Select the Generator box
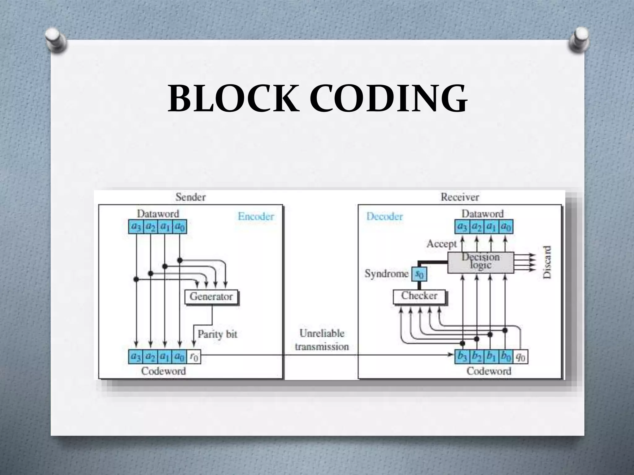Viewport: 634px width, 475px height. click(x=211, y=297)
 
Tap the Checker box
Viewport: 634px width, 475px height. click(x=419, y=296)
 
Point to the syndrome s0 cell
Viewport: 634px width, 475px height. click(x=419, y=274)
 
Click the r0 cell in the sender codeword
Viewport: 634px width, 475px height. click(x=194, y=357)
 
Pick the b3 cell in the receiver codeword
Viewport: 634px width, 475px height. click(x=462, y=357)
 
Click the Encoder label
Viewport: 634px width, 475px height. click(x=256, y=216)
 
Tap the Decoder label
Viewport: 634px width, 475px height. click(x=384, y=216)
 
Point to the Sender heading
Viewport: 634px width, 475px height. click(x=190, y=197)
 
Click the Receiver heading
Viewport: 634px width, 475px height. click(x=460, y=197)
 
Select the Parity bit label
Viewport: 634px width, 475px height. click(x=217, y=334)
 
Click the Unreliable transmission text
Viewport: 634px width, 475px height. click(x=322, y=340)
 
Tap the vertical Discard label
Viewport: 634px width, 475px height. click(x=547, y=262)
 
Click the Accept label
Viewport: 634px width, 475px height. click(x=441, y=244)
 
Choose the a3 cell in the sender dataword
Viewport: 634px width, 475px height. click(x=136, y=227)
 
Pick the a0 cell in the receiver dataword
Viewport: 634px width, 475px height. click(x=506, y=227)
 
